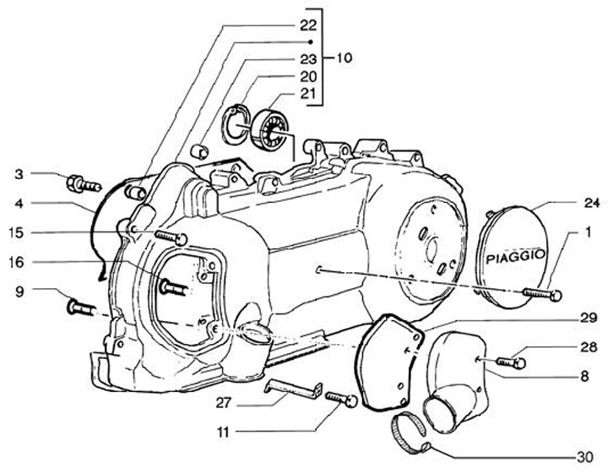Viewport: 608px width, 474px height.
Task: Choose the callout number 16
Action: pyautogui.click(x=17, y=263)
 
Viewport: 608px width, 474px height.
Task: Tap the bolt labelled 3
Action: pyautogui.click(x=81, y=181)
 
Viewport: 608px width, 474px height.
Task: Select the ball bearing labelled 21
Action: pyautogui.click(x=269, y=127)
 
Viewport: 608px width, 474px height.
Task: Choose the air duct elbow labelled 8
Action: pyautogui.click(x=460, y=380)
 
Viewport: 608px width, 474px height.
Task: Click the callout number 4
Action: pyautogui.click(x=18, y=204)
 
